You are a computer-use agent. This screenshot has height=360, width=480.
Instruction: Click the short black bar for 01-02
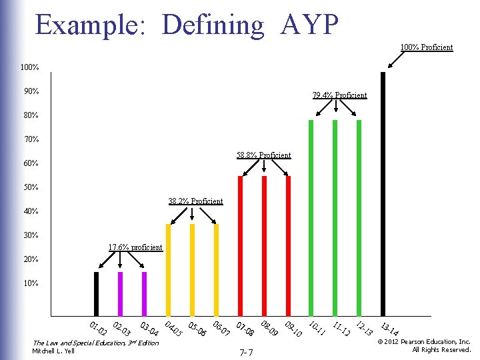[96, 293]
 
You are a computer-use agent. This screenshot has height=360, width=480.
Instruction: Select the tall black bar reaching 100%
[383, 193]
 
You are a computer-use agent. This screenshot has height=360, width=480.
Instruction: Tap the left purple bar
[120, 293]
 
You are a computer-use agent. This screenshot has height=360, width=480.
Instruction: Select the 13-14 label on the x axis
[390, 329]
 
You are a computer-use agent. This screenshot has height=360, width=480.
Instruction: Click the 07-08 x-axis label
[245, 329]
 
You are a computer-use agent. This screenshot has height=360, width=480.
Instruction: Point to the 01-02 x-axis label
[99, 329]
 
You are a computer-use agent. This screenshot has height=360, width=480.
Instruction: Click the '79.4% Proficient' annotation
[339, 95]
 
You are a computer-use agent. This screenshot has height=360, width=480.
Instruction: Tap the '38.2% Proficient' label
[195, 201]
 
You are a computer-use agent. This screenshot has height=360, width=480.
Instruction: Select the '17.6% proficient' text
[135, 247]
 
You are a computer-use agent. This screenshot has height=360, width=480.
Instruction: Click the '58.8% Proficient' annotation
[263, 155]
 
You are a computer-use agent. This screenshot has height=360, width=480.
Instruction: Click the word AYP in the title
[310, 25]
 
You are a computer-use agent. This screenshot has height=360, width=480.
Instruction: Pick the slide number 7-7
[245, 351]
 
